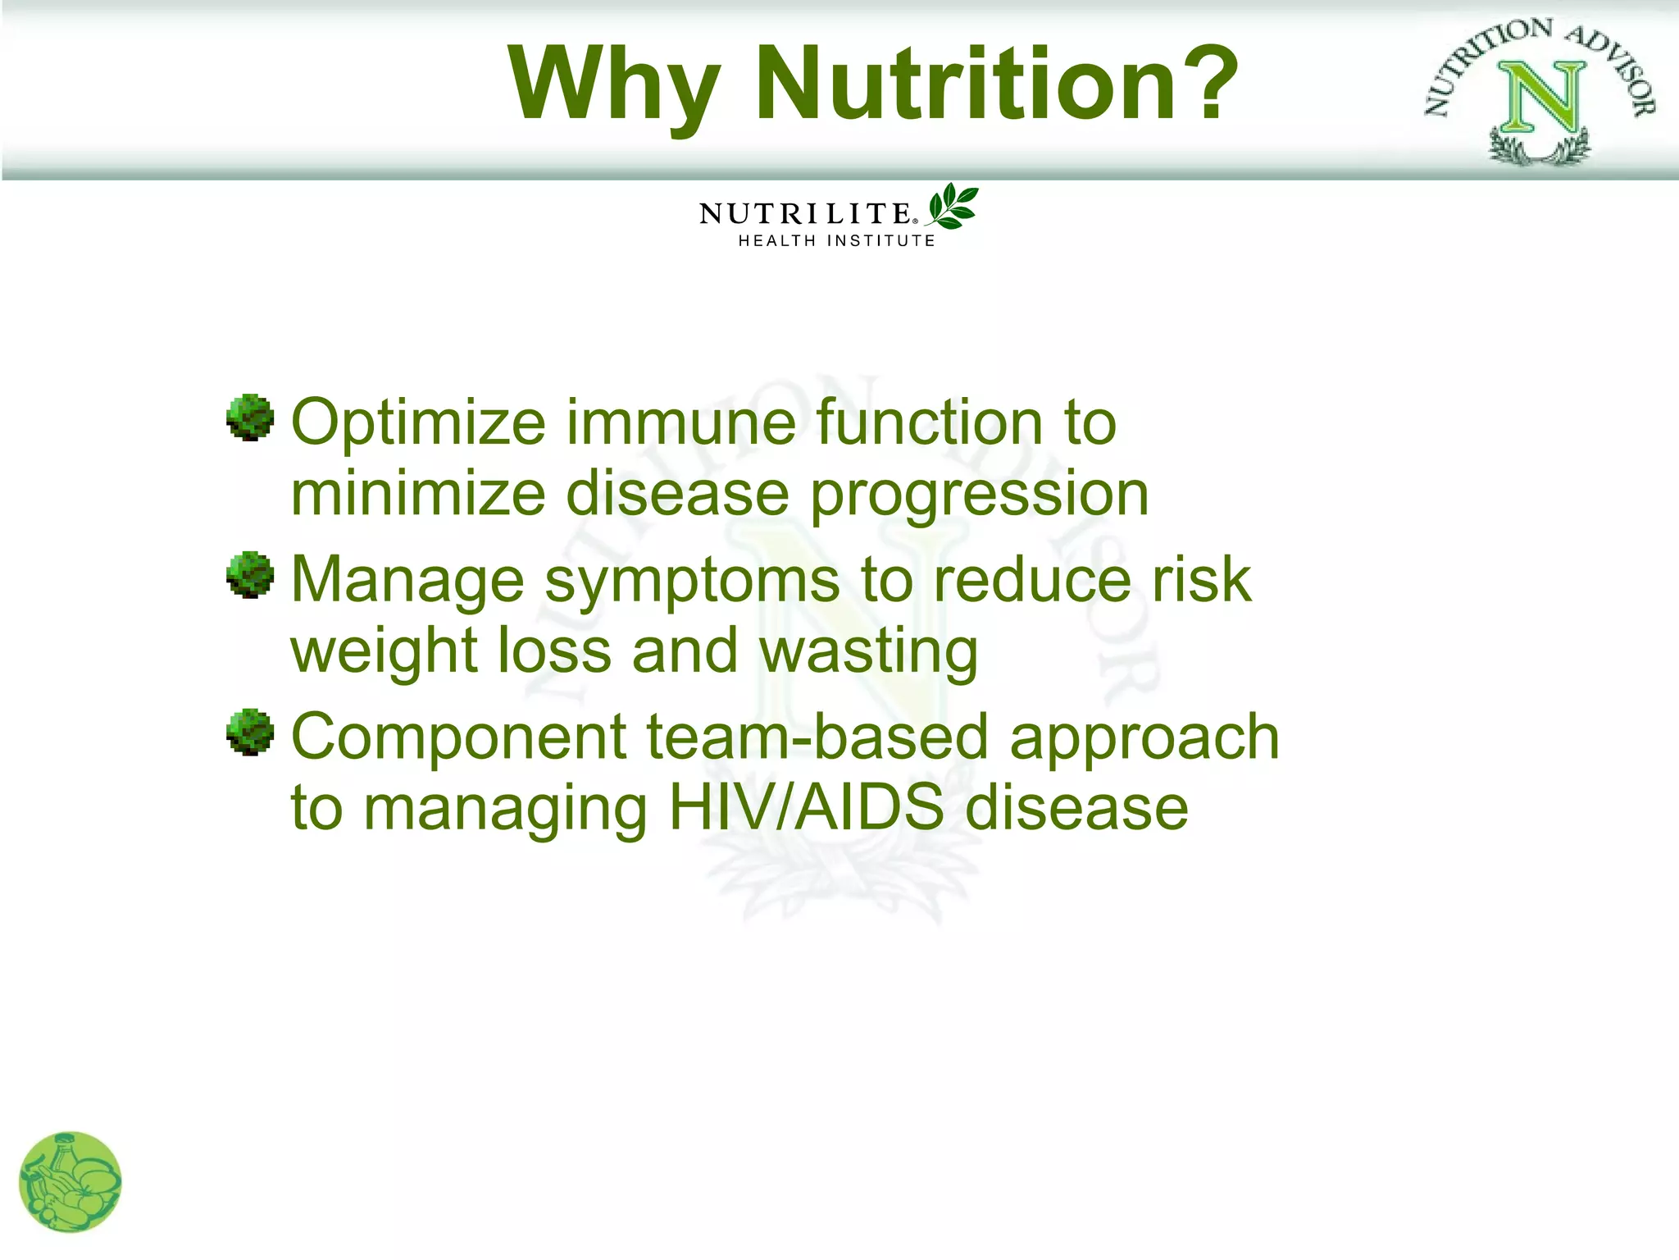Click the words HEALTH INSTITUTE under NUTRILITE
click(836, 241)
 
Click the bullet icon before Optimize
click(250, 418)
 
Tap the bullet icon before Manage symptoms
click(250, 574)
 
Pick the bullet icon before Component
click(250, 732)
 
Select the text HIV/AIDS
click(806, 807)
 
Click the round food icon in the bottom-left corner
click(71, 1182)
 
